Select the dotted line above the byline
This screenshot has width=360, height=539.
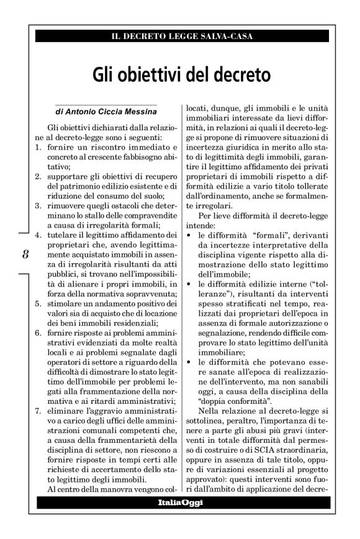(x=106, y=104)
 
